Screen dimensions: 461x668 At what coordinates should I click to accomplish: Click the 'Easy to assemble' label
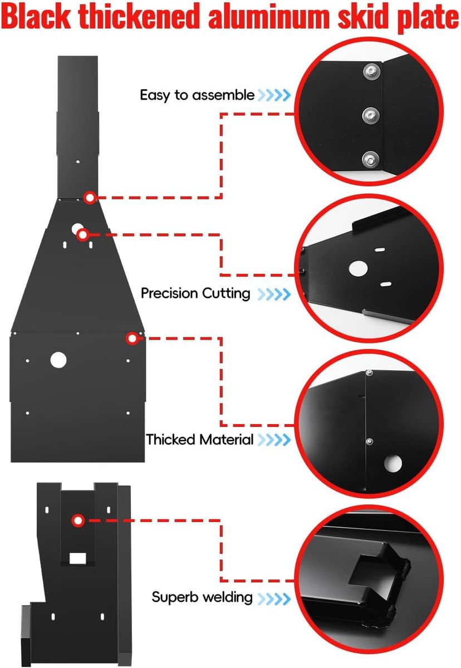197,95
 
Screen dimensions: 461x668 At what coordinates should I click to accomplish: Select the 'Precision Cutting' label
195,293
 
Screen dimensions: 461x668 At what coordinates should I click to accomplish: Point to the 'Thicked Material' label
200,440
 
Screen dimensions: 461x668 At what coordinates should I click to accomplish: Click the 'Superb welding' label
202,597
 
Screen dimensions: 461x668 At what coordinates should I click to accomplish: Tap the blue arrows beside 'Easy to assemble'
274,95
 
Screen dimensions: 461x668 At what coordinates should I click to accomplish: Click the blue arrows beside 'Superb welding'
274,598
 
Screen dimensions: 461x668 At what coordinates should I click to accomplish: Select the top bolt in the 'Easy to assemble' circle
371,72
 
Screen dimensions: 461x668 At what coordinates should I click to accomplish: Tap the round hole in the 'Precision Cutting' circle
358,268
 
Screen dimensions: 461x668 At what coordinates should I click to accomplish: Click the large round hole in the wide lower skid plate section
58,360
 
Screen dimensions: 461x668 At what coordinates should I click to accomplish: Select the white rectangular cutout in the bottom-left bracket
78,558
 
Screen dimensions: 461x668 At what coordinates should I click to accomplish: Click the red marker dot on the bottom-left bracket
78,520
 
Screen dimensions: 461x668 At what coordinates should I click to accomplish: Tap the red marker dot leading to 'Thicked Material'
132,338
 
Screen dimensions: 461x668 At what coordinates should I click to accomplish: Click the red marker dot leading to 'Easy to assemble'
90,198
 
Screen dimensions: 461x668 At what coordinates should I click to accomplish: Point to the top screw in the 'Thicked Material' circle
370,373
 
